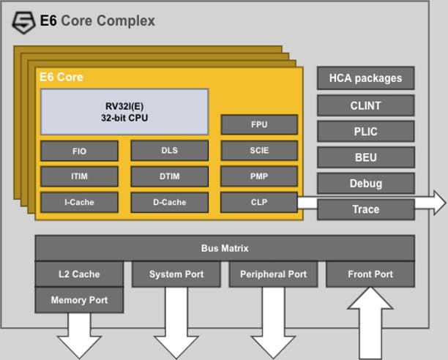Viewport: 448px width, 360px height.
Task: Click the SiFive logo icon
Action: click(x=23, y=23)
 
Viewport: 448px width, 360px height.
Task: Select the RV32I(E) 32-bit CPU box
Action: click(x=124, y=112)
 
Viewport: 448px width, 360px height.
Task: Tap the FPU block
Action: click(x=259, y=125)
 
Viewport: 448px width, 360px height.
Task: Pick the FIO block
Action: click(x=79, y=151)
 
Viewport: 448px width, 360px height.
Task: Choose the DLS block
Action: click(x=169, y=151)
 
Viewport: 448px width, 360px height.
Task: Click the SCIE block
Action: click(x=259, y=151)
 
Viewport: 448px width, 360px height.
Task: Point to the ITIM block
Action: click(x=79, y=176)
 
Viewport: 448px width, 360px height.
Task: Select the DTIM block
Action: click(x=169, y=176)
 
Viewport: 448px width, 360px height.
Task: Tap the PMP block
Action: click(x=259, y=176)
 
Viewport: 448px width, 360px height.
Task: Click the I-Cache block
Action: click(x=79, y=203)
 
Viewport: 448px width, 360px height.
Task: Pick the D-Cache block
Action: click(x=169, y=203)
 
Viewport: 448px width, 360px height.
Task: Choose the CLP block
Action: click(x=259, y=202)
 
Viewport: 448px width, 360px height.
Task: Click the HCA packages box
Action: click(x=366, y=78)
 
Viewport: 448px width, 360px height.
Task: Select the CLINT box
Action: click(x=366, y=105)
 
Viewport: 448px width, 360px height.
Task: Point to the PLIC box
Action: click(x=366, y=131)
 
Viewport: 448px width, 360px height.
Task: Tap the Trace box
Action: click(x=366, y=209)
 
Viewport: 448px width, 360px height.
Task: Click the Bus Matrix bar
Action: click(x=225, y=248)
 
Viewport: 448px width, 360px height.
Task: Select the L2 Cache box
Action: click(x=79, y=274)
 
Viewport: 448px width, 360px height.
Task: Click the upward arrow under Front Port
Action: click(x=370, y=323)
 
